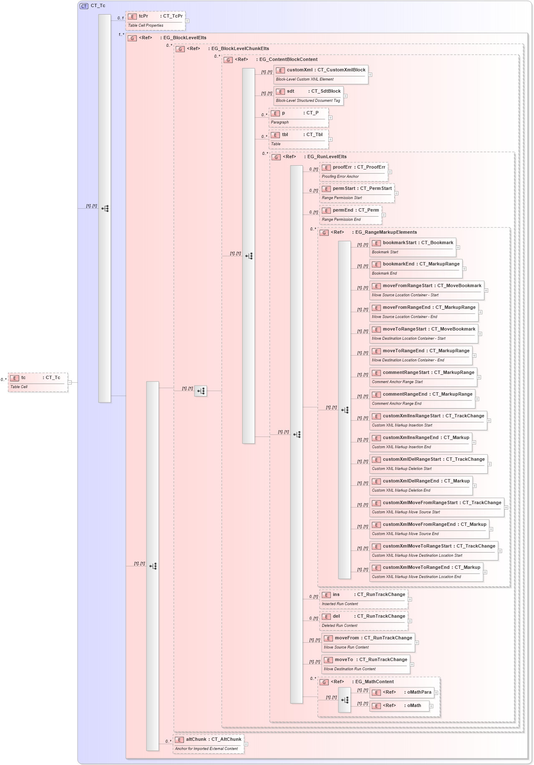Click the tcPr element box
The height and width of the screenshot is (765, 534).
155,20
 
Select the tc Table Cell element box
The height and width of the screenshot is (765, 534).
38,382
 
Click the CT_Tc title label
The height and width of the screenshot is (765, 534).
98,6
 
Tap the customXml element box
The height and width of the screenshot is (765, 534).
320,74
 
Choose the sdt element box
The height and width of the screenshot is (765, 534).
308,96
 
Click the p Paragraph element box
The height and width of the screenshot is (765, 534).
298,117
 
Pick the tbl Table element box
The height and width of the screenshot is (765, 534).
298,139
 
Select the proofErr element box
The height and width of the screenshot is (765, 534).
353,172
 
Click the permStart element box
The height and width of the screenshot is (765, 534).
357,193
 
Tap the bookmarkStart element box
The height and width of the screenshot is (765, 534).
412,247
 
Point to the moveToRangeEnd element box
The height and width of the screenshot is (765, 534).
421,355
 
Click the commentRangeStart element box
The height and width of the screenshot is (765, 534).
423,377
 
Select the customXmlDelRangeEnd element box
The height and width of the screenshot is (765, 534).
421,485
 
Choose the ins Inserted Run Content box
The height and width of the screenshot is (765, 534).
363,599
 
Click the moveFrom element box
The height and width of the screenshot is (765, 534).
368,642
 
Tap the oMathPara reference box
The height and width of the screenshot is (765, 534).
401,692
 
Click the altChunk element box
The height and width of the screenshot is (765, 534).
208,744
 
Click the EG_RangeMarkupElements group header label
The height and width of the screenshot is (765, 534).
385,232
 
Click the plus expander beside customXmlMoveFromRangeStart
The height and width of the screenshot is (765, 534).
506,507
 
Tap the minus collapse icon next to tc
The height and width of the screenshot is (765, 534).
70,382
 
